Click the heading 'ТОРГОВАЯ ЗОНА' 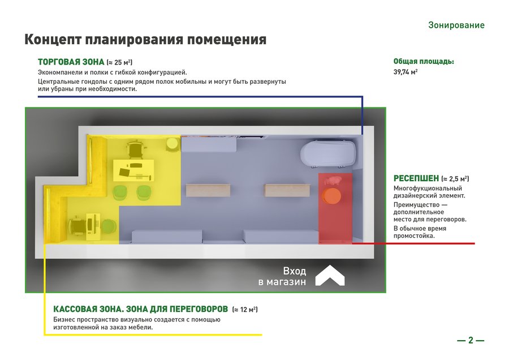tap(71, 62)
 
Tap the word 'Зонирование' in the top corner tap(456, 25)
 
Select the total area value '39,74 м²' tap(406, 72)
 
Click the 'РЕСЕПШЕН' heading tap(416, 178)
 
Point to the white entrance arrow tap(330, 275)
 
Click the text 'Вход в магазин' tap(282, 276)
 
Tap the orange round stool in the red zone tap(331, 196)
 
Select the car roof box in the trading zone tap(328, 153)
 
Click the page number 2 tap(471, 340)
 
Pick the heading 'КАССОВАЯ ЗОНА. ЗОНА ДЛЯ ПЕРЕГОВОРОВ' tap(141, 309)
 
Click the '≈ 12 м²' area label tap(245, 309)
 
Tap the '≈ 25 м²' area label tap(119, 62)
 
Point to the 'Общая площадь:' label tap(424, 61)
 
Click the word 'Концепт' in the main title tap(53, 40)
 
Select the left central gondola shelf tap(208, 190)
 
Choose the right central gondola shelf tap(287, 190)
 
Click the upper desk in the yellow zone tap(133, 170)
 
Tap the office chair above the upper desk tap(136, 149)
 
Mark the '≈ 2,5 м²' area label tap(455, 179)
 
